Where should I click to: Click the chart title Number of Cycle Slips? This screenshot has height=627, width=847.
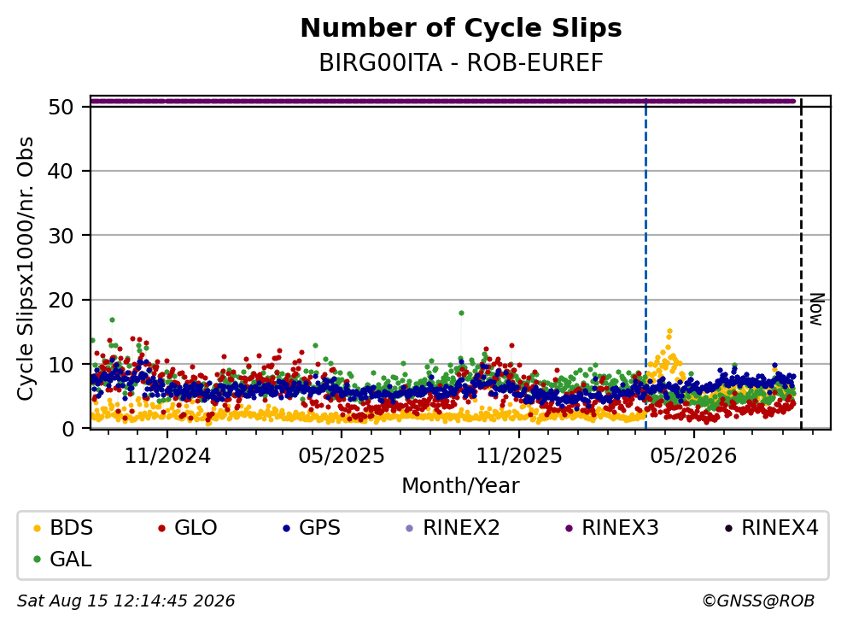[461, 28]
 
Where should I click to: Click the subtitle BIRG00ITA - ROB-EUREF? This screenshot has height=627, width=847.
[461, 62]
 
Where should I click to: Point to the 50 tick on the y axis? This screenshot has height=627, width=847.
[61, 107]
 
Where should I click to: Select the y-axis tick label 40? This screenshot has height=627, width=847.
[61, 172]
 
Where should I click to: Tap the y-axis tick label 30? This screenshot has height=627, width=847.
[61, 236]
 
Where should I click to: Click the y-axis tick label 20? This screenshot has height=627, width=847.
[61, 300]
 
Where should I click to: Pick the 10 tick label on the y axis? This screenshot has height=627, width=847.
[61, 364]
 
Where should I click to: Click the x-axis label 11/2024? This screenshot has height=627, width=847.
[167, 456]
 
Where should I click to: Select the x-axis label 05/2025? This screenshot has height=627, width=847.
[342, 456]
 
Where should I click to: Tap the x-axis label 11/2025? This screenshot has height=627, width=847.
[518, 456]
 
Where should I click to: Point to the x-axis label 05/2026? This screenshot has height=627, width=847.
[693, 456]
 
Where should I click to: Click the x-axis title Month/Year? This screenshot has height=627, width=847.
[461, 486]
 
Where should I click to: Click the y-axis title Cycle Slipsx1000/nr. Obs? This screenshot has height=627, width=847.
[25, 268]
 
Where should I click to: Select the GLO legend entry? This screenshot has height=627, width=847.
[188, 528]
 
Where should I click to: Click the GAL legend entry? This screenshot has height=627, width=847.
[62, 559]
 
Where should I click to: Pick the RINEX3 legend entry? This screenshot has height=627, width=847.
[612, 528]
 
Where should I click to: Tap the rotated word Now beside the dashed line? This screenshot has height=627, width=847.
[817, 309]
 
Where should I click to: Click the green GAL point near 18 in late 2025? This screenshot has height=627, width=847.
[461, 313]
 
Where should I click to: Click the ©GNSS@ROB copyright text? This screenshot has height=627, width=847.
[758, 601]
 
